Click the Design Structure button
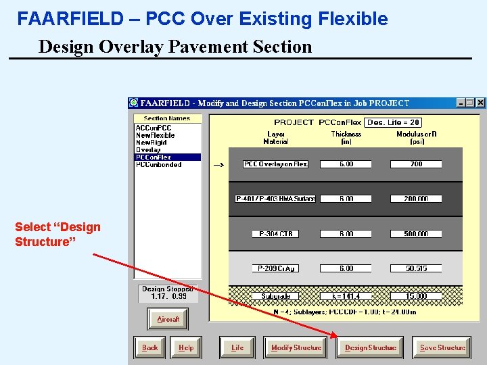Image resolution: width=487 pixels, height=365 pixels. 370,347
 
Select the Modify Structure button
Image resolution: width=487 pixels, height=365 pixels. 296,347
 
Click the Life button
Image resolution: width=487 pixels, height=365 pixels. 237,347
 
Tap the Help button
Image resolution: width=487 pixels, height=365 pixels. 185,347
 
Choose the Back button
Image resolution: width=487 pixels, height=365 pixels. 149,347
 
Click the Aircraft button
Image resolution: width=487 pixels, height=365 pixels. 168,319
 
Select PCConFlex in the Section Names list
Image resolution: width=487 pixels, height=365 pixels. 154,157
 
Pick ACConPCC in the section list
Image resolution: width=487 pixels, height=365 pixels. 154,128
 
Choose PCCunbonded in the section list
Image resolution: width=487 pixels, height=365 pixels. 158,165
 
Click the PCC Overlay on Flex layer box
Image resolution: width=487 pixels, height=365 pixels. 276,164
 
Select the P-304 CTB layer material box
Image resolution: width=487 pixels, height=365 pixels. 276,234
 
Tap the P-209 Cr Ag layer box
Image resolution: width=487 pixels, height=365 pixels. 276,268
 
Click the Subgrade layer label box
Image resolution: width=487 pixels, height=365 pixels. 276,296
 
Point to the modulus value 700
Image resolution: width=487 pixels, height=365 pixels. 416,164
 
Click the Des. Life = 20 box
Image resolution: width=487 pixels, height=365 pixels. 393,122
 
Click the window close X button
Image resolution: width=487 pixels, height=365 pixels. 480,103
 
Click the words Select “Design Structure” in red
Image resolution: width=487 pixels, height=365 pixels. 57,234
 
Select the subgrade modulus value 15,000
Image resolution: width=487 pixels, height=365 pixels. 416,296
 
